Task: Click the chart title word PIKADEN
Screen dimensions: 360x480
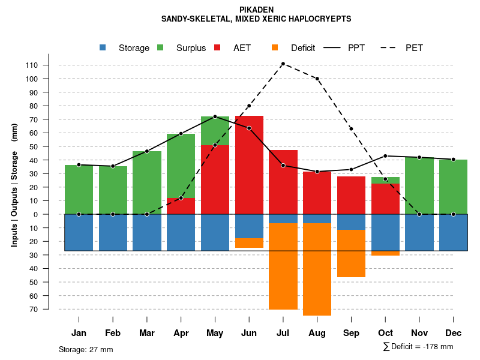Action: (256, 10)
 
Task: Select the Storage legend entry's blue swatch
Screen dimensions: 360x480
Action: (103, 47)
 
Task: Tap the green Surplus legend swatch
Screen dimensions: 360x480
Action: (160, 47)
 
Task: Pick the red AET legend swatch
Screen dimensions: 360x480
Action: (217, 47)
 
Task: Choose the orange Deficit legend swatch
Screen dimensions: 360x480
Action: (275, 47)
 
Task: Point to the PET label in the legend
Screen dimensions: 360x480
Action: (414, 48)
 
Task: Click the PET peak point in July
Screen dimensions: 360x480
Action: (283, 64)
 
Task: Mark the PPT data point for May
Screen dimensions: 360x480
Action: (215, 116)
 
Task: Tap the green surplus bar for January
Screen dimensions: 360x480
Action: (79, 190)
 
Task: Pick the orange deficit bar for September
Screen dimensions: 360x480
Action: (351, 253)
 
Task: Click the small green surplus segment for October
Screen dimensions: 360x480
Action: (385, 180)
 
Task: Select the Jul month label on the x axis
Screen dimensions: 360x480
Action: (283, 333)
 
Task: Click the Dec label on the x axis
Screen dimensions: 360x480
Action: (453, 333)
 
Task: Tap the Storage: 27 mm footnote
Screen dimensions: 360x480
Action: (86, 349)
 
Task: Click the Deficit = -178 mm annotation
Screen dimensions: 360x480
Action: (418, 347)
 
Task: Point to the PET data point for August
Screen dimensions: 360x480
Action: (317, 79)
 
